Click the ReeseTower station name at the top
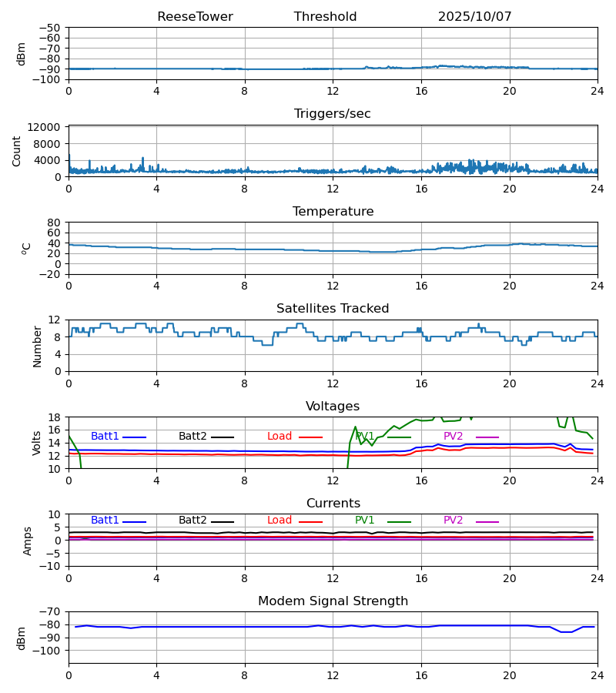click(x=195, y=17)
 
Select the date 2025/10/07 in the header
click(x=474, y=17)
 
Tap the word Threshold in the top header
click(x=325, y=17)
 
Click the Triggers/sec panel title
click(x=333, y=114)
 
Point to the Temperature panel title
click(x=333, y=212)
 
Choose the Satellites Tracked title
click(x=333, y=309)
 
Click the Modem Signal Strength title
click(x=333, y=601)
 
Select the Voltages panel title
click(x=333, y=407)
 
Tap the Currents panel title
click(x=333, y=504)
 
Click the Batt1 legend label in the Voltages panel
click(x=105, y=437)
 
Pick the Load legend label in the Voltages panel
click(x=280, y=437)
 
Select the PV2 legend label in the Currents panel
click(x=454, y=521)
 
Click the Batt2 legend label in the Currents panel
click(x=192, y=521)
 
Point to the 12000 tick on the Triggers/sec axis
click(x=49, y=127)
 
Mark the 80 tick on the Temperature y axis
click(x=55, y=223)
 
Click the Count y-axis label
click(x=17, y=152)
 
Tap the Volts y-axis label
click(x=37, y=443)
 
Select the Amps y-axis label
click(x=28, y=541)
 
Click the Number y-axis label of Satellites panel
click(x=37, y=346)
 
